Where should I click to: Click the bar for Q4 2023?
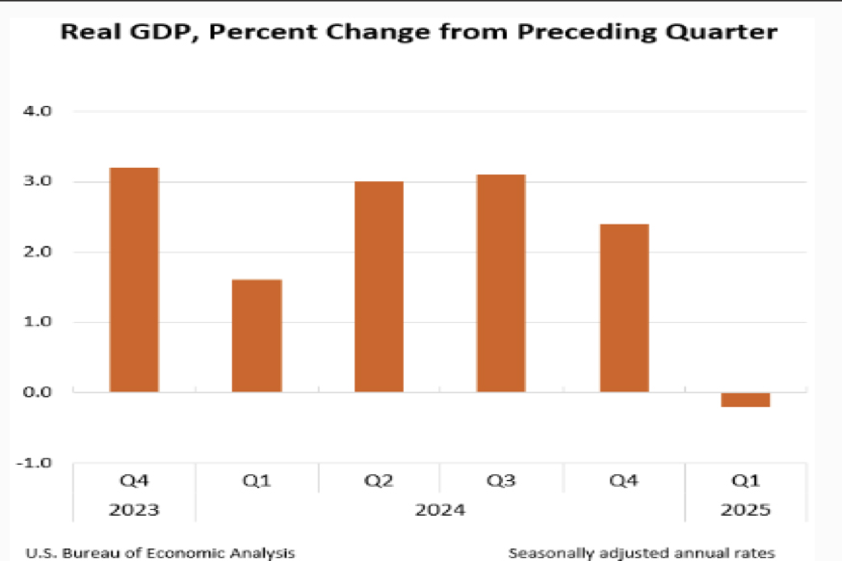click(x=134, y=280)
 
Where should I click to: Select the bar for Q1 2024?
click(x=256, y=335)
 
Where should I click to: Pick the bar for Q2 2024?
click(x=379, y=286)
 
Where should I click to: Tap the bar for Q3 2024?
click(x=501, y=283)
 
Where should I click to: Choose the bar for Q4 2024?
click(x=624, y=307)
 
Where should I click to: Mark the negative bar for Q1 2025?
click(x=746, y=400)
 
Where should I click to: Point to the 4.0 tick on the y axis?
click(x=38, y=112)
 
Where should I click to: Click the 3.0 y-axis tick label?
click(x=38, y=182)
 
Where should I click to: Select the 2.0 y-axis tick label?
click(x=38, y=253)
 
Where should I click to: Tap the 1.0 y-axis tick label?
click(x=38, y=322)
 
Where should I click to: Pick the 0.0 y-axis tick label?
click(x=38, y=392)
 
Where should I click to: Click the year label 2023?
click(x=134, y=510)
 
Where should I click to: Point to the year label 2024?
click(x=440, y=510)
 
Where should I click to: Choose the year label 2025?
click(x=746, y=510)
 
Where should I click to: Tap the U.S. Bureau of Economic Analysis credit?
click(x=160, y=552)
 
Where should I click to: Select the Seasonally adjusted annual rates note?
click(x=642, y=552)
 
